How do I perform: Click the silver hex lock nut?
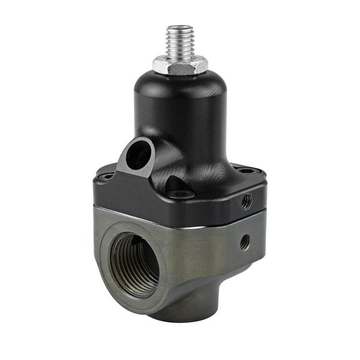179,63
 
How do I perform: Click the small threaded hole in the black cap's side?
246,202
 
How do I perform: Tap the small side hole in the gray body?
244,242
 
